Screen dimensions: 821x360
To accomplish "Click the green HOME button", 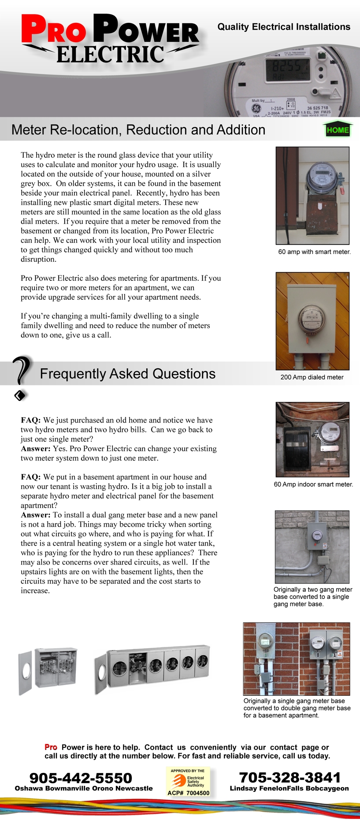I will (338, 130).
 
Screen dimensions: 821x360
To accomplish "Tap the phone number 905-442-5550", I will (81, 778).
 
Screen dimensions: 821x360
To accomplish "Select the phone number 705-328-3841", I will (289, 777).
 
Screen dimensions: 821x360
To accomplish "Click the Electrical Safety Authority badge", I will (188, 782).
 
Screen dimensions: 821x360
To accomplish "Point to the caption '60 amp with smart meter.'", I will (314, 252).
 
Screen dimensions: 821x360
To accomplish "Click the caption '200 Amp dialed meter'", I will (312, 377).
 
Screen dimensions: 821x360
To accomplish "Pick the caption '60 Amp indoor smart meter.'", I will (313, 484).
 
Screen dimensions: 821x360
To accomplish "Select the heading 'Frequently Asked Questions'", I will (128, 374).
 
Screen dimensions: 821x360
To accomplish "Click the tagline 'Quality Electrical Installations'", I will (284, 27).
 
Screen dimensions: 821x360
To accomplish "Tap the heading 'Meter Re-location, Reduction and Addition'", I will (138, 130).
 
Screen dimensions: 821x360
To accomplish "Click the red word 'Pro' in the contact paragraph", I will (51, 747).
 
